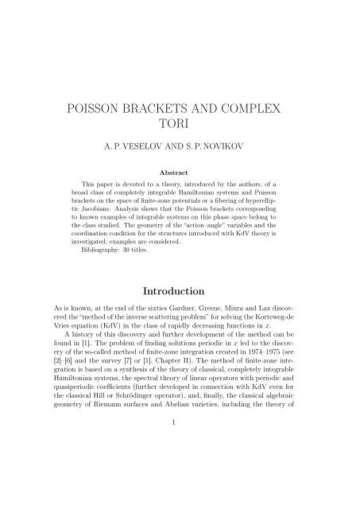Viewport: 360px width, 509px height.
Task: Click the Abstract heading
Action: click(180, 192)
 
